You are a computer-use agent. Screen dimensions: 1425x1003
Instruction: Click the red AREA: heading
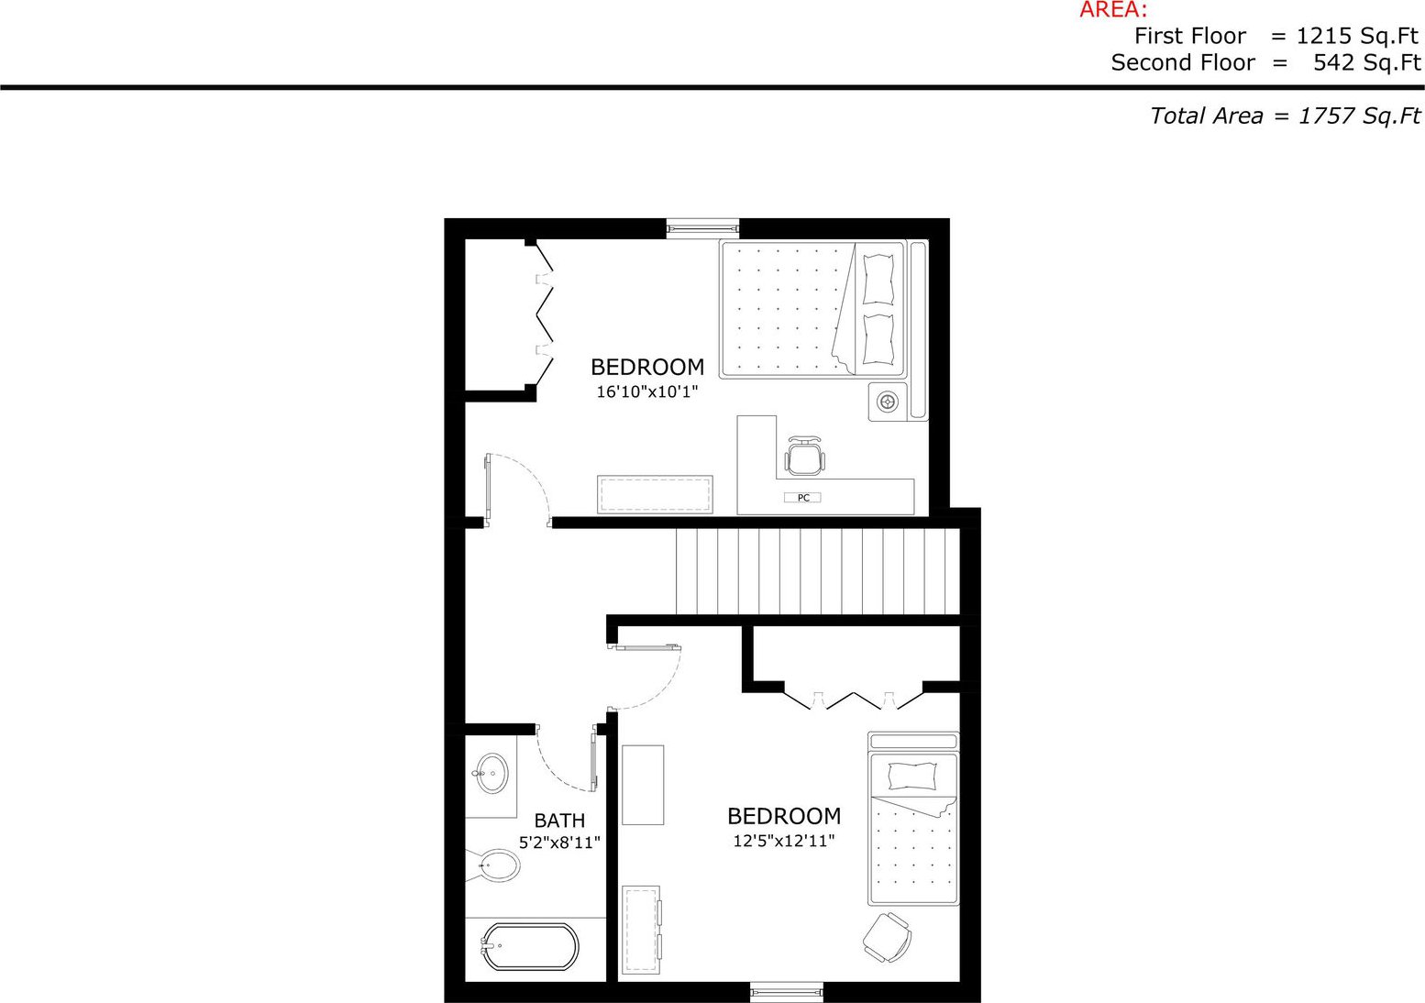tap(1113, 9)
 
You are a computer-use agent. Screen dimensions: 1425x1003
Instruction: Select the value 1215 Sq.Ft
tap(1357, 37)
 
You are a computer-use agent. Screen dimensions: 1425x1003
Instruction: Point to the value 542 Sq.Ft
tap(1367, 63)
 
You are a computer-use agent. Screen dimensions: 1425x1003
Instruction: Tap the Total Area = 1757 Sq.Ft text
tap(1286, 116)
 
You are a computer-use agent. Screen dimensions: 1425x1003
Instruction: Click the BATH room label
tap(559, 821)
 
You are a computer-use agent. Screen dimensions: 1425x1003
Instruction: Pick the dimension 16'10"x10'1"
tap(647, 391)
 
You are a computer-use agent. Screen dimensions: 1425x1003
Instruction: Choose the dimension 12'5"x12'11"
tap(784, 841)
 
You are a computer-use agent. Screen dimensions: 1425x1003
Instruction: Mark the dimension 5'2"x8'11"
tap(559, 843)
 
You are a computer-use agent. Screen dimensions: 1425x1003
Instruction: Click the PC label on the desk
tap(803, 498)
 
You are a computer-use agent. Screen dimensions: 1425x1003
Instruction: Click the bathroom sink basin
tap(492, 774)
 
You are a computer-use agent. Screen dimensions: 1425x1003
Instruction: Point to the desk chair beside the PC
tap(805, 456)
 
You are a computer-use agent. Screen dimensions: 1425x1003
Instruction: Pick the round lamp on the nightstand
tap(888, 402)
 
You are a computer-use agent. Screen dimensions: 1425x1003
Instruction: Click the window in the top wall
tap(702, 227)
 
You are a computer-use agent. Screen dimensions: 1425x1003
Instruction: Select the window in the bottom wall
tap(786, 992)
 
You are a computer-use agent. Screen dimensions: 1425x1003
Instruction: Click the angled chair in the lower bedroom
tap(888, 937)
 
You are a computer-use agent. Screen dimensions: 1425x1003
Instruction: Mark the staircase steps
tap(817, 571)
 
